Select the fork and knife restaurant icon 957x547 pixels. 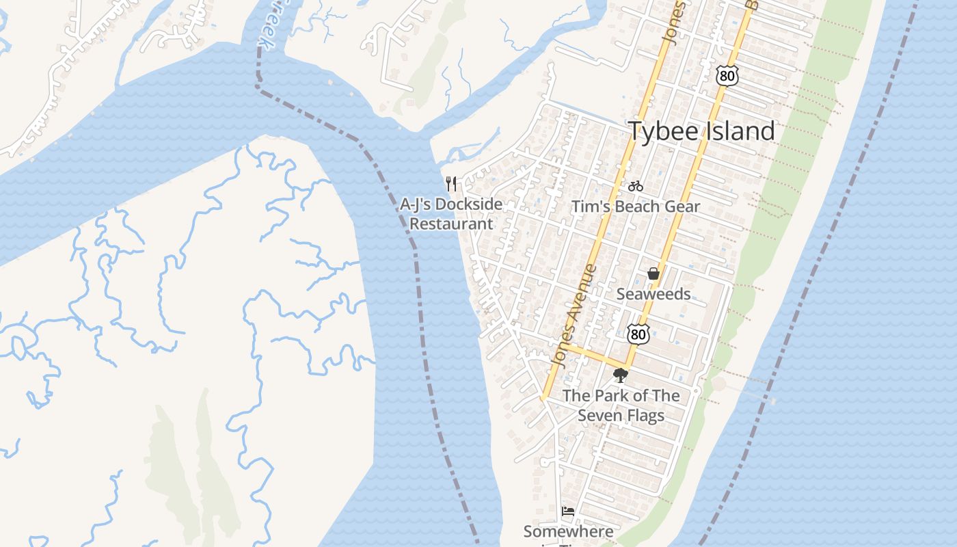pos(450,184)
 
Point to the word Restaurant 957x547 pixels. pos(450,224)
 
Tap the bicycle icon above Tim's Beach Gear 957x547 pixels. pos(635,186)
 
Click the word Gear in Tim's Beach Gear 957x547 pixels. pos(681,206)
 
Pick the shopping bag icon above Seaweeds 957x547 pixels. pos(653,274)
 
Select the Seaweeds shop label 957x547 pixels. pos(653,294)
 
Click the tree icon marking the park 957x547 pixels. pos(620,375)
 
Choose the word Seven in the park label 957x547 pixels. pos(599,415)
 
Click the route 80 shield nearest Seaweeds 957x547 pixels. pos(638,334)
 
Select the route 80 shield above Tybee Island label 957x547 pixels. pos(727,76)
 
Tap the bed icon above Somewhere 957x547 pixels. pos(567,511)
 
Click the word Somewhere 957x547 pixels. pos(568,531)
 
